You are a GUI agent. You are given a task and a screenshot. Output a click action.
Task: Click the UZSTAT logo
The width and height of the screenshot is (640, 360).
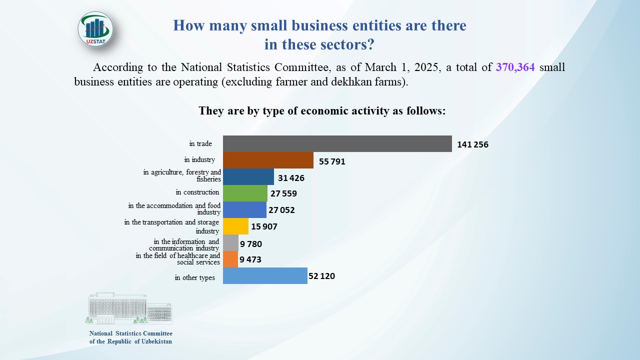tap(95, 29)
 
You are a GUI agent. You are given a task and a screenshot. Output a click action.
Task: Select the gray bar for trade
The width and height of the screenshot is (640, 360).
tap(337, 143)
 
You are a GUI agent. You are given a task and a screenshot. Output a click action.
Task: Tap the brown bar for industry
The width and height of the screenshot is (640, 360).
tap(268, 160)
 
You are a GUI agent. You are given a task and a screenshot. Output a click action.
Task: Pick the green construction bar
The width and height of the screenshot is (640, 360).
tap(245, 193)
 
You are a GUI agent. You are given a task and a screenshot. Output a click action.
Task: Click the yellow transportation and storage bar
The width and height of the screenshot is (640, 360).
tap(235, 226)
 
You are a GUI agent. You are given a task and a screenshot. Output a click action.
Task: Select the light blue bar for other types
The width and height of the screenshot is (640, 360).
tap(265, 275)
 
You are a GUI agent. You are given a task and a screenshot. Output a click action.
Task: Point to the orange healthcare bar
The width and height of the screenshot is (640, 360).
tap(230, 259)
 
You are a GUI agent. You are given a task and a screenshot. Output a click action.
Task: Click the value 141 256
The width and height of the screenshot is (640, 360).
tap(472, 145)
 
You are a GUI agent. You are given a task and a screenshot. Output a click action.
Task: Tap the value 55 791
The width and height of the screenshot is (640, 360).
tap(331, 161)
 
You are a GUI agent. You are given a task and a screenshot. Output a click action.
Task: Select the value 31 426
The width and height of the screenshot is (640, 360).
tap(291, 178)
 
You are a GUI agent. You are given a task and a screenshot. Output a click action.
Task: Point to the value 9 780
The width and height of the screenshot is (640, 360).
tap(251, 244)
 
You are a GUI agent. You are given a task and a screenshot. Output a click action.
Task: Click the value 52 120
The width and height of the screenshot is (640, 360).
tap(321, 275)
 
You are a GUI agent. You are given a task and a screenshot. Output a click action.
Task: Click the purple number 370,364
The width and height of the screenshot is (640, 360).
tap(515, 67)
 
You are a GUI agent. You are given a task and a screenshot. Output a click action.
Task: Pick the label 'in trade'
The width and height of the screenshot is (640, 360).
tap(200, 144)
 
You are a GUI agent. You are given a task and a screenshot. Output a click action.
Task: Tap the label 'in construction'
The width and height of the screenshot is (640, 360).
tap(197, 192)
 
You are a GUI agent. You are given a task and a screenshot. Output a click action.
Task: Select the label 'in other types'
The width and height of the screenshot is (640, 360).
tap(195, 277)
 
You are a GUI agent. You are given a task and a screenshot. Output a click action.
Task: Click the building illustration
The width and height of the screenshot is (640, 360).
tap(130, 308)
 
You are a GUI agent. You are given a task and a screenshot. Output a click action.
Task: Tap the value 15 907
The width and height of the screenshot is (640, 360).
tap(264, 226)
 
